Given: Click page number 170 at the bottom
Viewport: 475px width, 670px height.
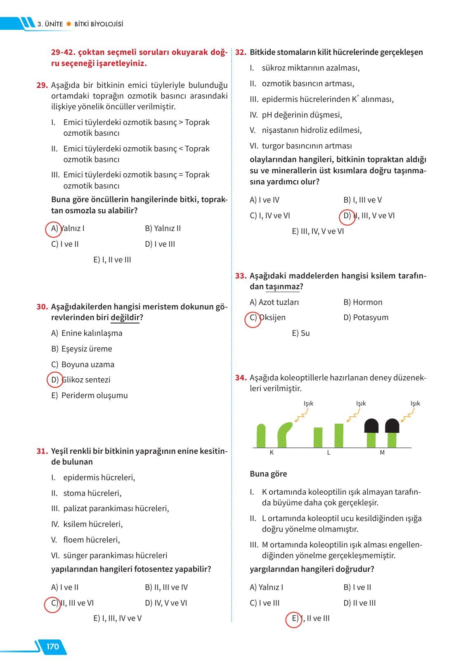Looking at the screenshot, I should point(52,646).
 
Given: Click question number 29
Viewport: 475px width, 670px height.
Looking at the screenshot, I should point(42,85).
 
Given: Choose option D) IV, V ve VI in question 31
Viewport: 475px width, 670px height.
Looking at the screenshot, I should point(166,603).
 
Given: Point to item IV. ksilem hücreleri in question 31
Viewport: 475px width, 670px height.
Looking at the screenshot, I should point(87,524).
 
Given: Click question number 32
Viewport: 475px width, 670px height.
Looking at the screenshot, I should point(241,52).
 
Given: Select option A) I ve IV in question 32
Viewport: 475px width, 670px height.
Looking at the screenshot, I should point(265,200).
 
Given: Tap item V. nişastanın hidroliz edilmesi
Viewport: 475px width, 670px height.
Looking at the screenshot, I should point(306,130).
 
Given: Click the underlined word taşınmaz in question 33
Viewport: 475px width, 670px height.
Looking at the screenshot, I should point(282,287).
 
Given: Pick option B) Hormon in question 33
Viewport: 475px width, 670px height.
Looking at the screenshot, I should point(363,302).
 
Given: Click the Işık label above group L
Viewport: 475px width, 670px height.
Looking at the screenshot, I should point(361,403).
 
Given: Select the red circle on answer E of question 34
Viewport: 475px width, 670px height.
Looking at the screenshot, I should point(294,619).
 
